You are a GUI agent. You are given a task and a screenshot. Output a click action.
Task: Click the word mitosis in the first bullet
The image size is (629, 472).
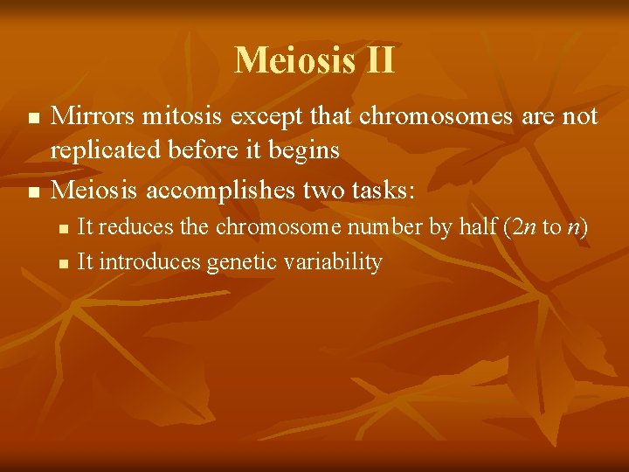click(184, 116)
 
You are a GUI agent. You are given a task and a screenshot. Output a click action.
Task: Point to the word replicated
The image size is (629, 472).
click(101, 150)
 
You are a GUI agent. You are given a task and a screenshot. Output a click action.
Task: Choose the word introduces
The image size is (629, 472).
click(151, 261)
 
